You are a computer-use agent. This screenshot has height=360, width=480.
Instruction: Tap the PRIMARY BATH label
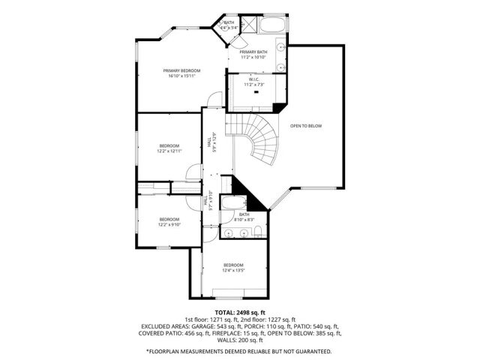pyautogui.click(x=253, y=52)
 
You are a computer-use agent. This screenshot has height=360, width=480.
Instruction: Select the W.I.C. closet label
pyautogui.click(x=253, y=82)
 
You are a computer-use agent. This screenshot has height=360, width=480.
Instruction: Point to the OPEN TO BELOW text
pyautogui.click(x=306, y=125)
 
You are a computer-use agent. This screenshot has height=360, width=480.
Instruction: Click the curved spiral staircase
pyautogui.click(x=259, y=139)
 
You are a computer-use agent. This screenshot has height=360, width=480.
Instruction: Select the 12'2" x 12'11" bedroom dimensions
pyautogui.click(x=169, y=151)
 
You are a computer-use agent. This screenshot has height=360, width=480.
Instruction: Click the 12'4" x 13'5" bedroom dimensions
pyautogui.click(x=233, y=271)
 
